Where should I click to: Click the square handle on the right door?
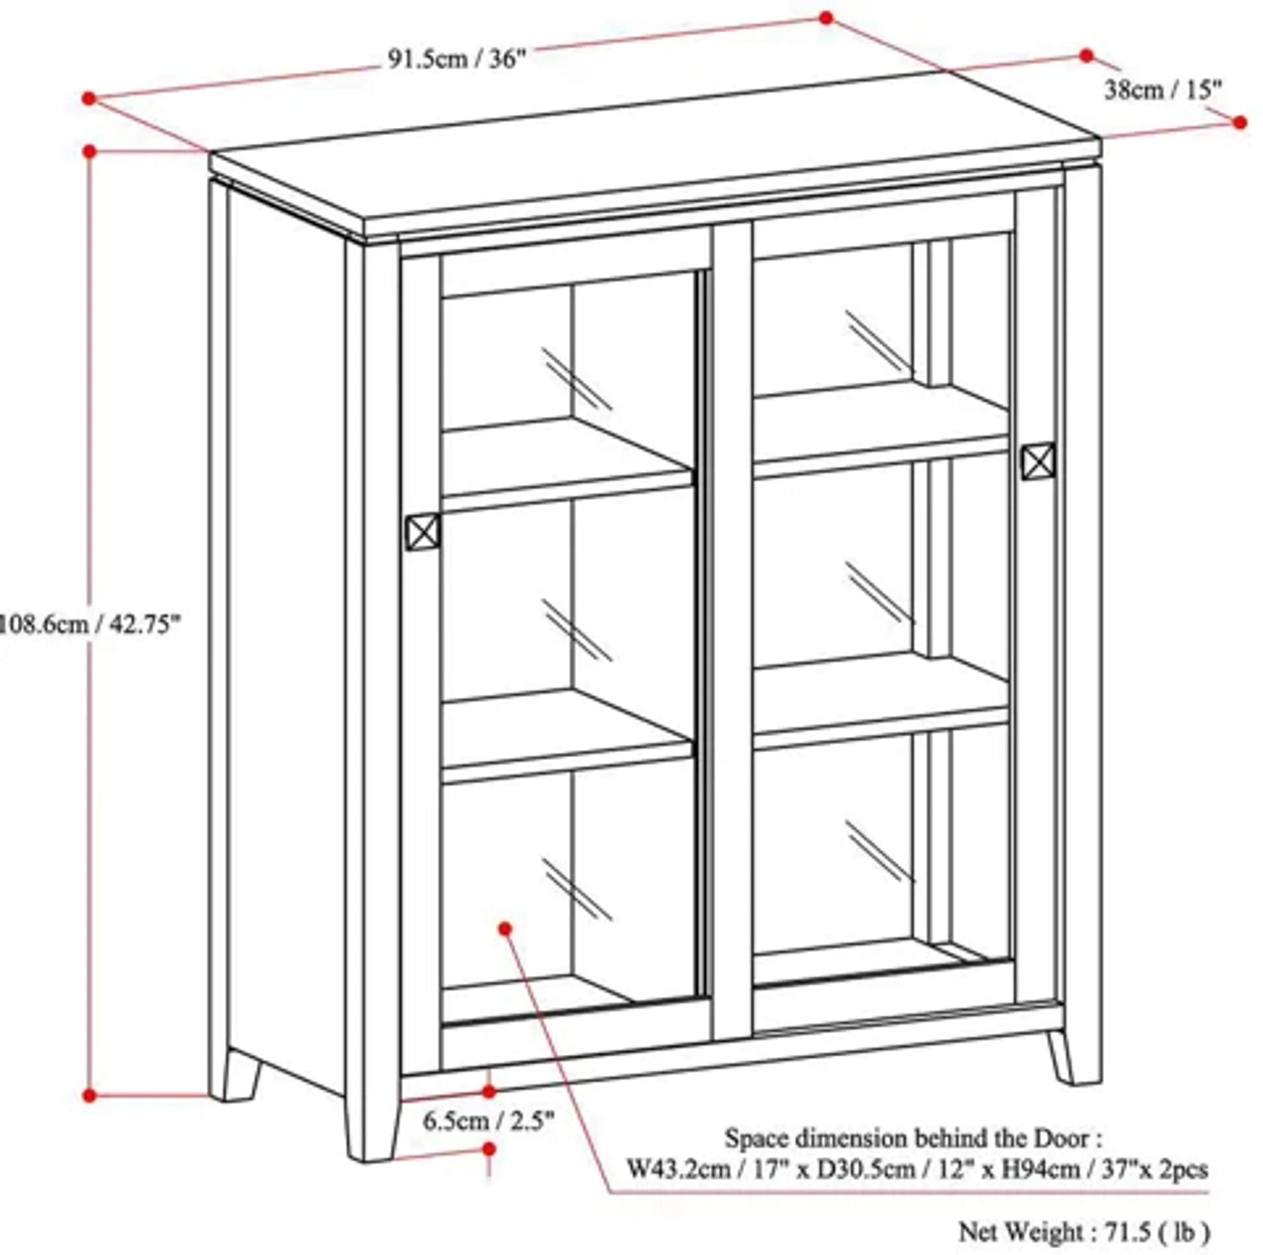(1038, 461)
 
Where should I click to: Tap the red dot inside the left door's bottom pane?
(505, 928)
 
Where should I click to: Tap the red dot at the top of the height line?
(90, 152)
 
